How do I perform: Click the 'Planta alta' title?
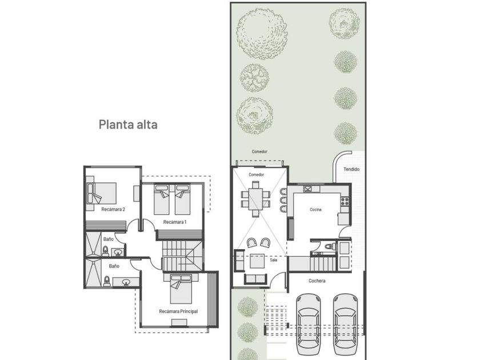click(x=128, y=125)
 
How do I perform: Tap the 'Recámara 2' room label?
click(x=113, y=209)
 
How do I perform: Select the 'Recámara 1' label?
click(x=175, y=222)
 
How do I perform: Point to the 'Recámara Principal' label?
click(x=178, y=311)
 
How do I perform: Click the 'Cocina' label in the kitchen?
click(x=315, y=210)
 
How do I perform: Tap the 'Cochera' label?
click(x=317, y=281)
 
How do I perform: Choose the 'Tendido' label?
click(x=351, y=169)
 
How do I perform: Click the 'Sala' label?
click(x=274, y=260)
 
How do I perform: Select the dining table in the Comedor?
click(x=255, y=199)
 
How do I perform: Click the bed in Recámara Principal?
click(x=181, y=289)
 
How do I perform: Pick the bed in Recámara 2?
click(x=102, y=194)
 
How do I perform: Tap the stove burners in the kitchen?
click(x=345, y=201)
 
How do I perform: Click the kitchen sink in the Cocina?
click(x=308, y=189)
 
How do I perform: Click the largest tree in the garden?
click(x=262, y=34)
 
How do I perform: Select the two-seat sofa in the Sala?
click(x=257, y=279)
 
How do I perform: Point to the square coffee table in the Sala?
click(x=257, y=261)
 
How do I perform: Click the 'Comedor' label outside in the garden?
click(x=259, y=151)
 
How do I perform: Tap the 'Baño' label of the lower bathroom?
click(x=114, y=266)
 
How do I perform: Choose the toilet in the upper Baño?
click(x=105, y=251)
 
